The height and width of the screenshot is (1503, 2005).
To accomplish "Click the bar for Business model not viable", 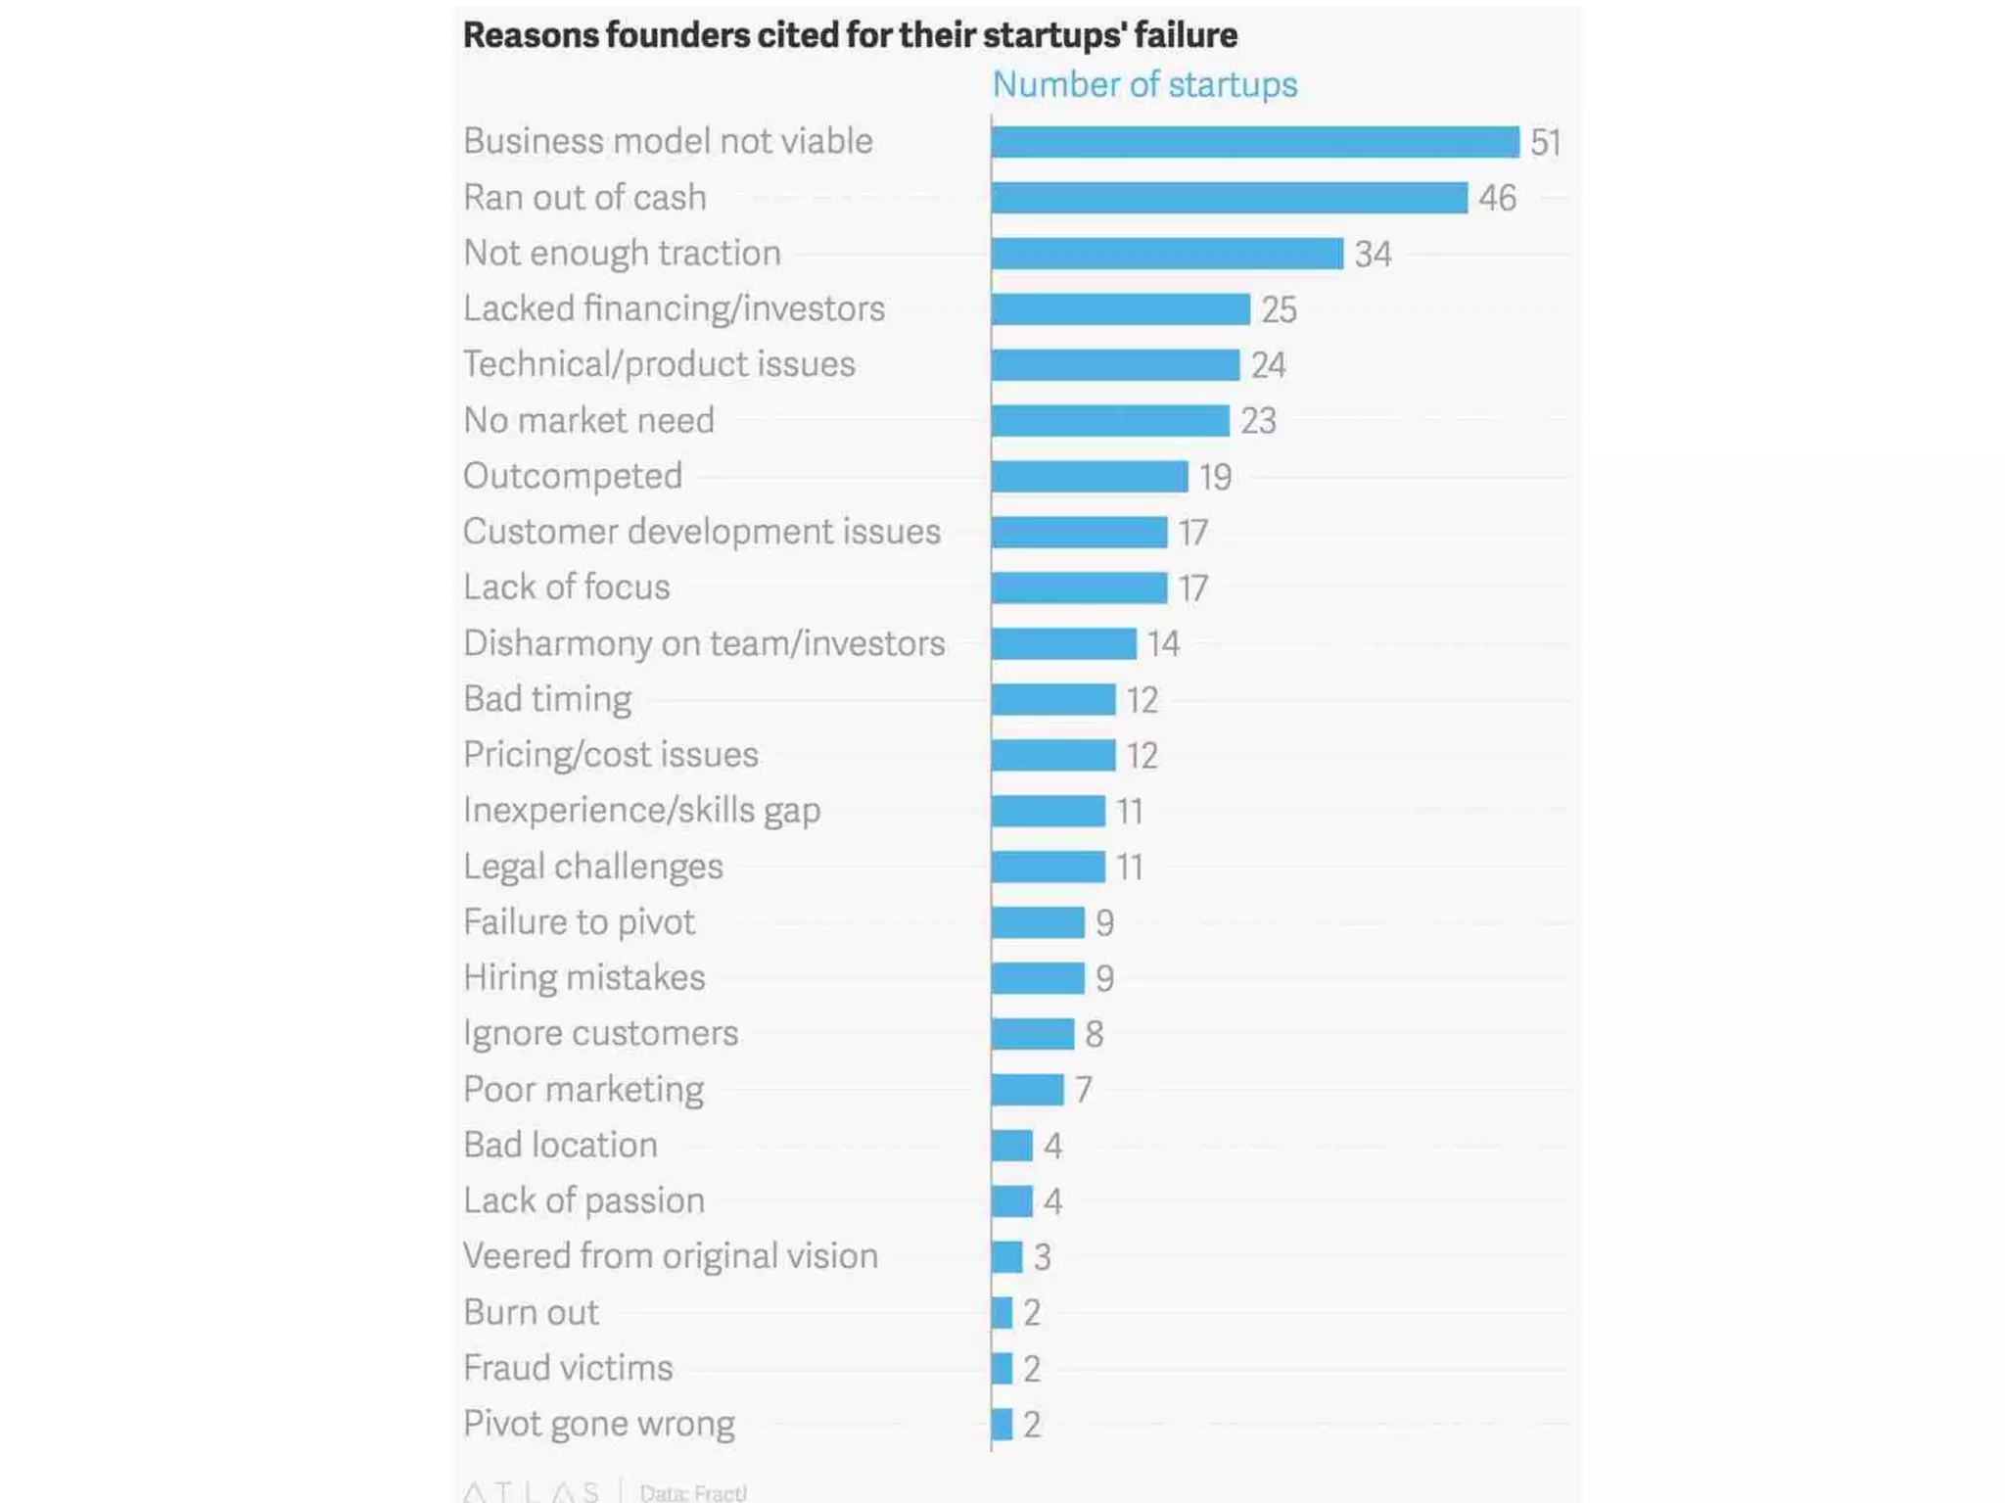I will click(1254, 142).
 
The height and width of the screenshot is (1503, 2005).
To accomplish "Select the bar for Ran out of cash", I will click(1229, 198).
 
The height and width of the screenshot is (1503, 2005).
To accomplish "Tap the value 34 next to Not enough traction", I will click(1373, 255).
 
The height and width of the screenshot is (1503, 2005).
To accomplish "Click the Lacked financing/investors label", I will click(674, 308).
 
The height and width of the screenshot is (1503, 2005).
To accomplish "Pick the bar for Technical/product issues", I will click(1115, 365).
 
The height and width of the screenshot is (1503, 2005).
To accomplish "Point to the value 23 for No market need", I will click(1258, 421).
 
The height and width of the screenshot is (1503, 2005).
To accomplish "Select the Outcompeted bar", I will click(1089, 477).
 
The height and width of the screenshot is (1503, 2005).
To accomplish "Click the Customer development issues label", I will click(701, 532).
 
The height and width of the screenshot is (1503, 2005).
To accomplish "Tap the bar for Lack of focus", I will click(1079, 587).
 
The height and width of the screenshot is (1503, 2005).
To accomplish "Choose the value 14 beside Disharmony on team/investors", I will click(1163, 644).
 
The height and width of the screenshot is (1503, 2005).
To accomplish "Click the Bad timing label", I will click(547, 699).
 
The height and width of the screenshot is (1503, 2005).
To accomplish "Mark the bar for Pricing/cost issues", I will click(1052, 755).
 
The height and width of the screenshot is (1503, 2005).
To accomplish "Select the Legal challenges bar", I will click(1048, 867).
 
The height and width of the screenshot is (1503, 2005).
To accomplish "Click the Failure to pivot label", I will click(579, 922).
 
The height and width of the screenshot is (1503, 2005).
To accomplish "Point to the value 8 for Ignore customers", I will click(1094, 1034).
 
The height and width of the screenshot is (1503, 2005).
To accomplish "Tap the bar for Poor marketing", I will click(1027, 1090).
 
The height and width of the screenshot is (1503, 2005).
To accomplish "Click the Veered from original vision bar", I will click(1006, 1257).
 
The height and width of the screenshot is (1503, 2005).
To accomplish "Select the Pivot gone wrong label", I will click(598, 1424).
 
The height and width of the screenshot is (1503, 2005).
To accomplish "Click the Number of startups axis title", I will click(1144, 85).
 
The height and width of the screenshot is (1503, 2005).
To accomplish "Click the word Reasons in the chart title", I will click(530, 35).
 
